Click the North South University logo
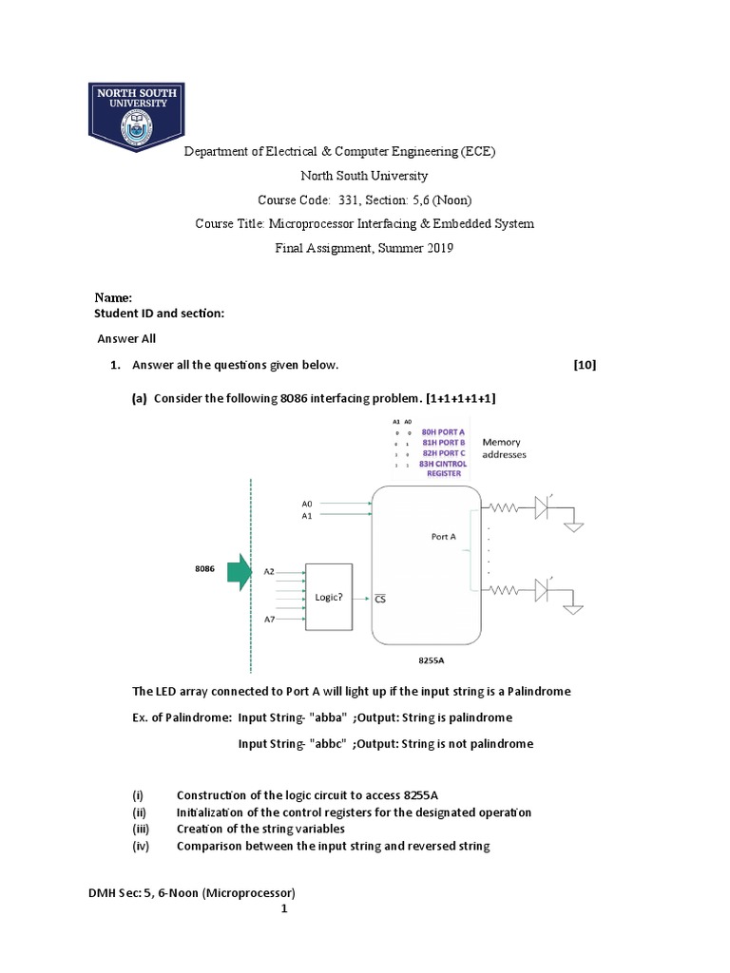[136, 116]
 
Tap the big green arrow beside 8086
[234, 571]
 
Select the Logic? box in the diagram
[328, 598]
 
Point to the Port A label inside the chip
[443, 536]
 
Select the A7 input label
[269, 620]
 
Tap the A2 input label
[269, 571]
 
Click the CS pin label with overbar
[380, 599]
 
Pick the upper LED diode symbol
[542, 508]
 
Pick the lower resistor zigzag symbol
[503, 590]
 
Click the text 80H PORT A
[443, 430]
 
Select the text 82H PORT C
[443, 453]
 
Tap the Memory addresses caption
[505, 448]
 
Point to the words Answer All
[127, 338]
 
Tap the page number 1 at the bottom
[283, 909]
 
